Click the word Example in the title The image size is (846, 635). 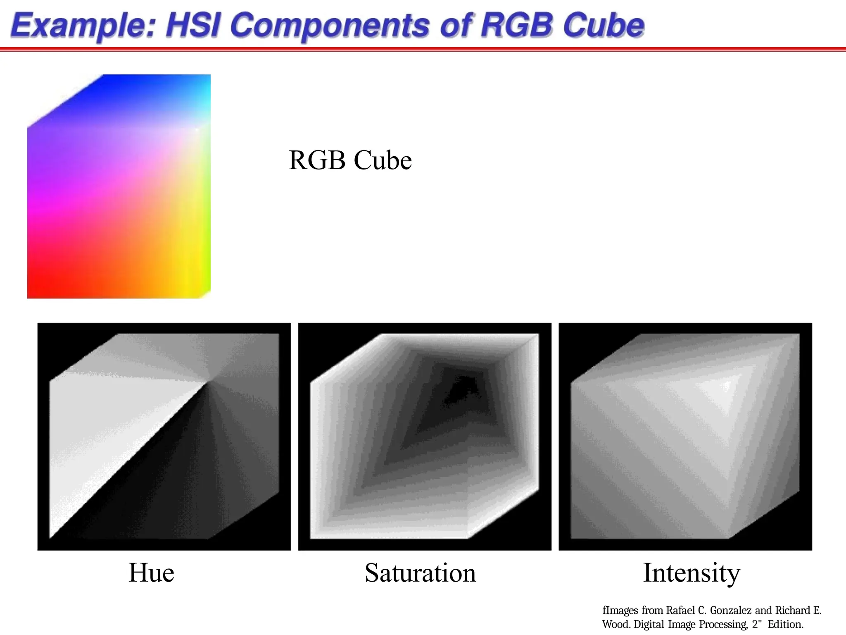(x=83, y=26)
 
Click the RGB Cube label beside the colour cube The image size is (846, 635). (x=350, y=160)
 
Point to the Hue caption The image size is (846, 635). (x=151, y=573)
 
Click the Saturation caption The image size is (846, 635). (x=420, y=573)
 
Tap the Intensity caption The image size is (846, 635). (x=691, y=573)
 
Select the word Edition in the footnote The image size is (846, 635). (x=785, y=624)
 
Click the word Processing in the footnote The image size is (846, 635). (x=723, y=624)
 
